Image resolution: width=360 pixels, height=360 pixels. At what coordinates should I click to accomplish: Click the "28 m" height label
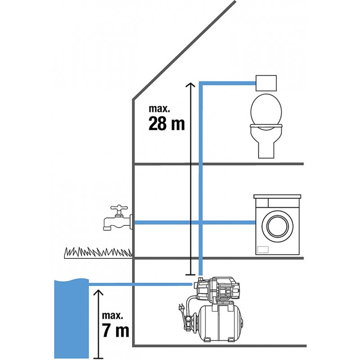[166, 123]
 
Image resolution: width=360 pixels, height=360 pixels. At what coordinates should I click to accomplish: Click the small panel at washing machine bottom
[263, 248]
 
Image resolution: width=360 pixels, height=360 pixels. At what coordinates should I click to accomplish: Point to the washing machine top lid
[277, 197]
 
